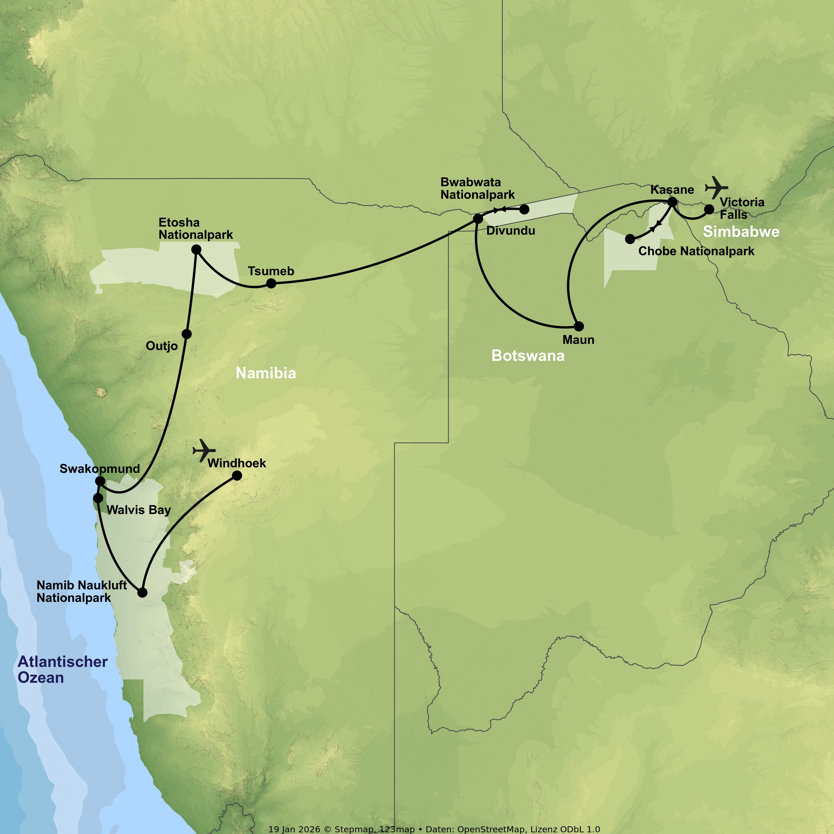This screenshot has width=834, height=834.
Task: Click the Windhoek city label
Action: coord(237,463)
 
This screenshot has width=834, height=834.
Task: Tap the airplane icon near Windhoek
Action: coord(204,450)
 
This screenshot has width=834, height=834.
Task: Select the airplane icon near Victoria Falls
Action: coord(716,187)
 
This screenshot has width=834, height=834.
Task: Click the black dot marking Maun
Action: coord(579,326)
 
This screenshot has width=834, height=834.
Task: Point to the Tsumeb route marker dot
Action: coord(271,284)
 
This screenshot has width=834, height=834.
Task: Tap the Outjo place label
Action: coord(162,346)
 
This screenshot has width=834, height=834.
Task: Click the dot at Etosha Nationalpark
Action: coord(197,250)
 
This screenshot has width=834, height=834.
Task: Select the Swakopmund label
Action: coord(100,469)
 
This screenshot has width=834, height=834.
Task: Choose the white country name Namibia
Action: coord(265,373)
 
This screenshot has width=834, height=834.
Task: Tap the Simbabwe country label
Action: coord(741,232)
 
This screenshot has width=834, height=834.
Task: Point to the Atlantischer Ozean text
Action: coord(63,669)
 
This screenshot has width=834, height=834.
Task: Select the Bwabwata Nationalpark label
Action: coord(477,189)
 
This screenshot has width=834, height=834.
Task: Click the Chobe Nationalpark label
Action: coord(696,251)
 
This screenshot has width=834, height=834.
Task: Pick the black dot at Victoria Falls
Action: coord(709,209)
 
